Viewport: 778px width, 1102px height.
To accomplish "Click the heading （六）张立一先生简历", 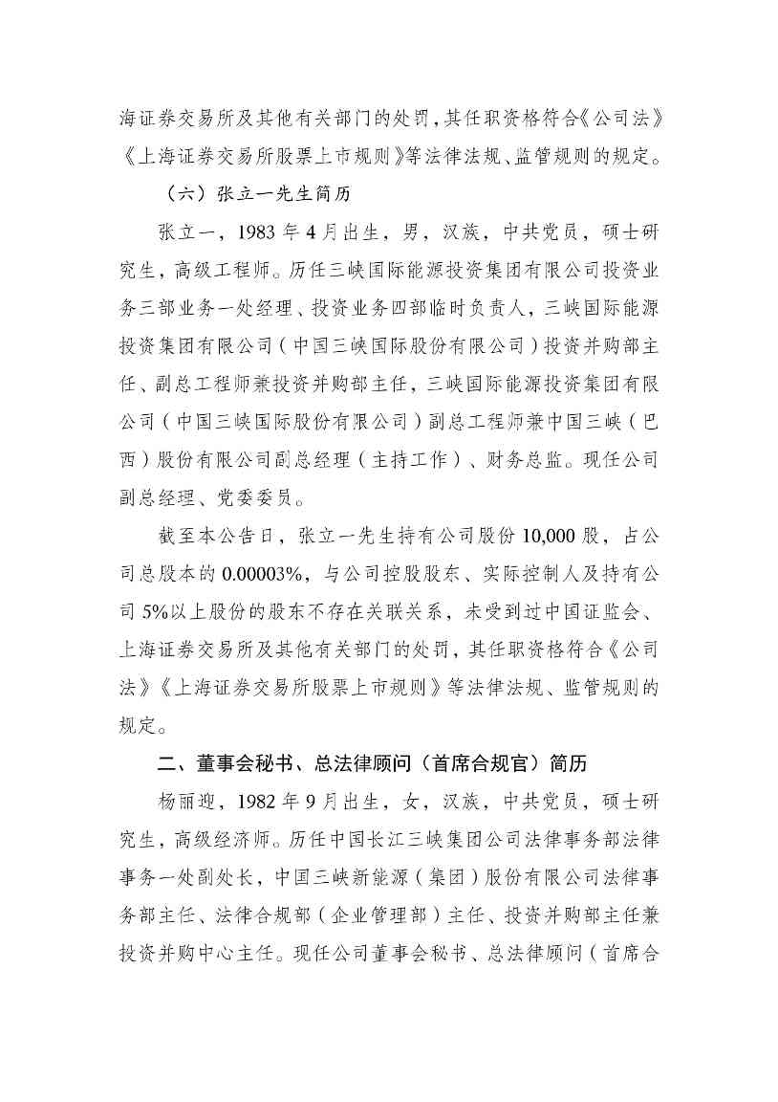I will click(256, 193).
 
